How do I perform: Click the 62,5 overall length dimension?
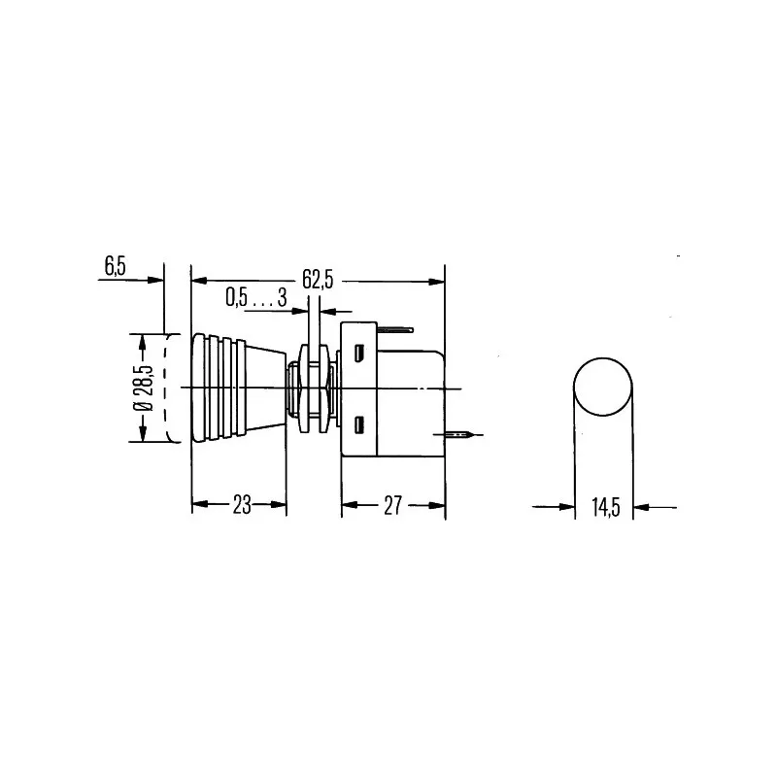(318, 280)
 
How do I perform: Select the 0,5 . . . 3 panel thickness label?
(255, 298)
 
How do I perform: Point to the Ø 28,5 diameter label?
(144, 389)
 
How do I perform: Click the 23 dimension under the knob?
(240, 504)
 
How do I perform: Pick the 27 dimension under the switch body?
(392, 504)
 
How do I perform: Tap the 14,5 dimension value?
(604, 506)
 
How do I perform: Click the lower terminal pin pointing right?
(458, 434)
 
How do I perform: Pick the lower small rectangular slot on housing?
(361, 423)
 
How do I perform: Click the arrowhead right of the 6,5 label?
(155, 280)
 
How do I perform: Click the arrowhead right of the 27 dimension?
(438, 504)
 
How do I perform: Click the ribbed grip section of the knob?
(216, 388)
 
